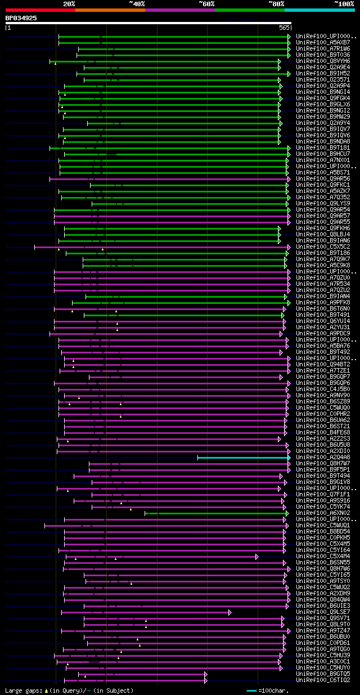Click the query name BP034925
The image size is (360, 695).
[21, 18]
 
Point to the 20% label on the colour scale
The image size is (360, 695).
[69, 3]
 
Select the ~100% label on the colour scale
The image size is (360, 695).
[344, 3]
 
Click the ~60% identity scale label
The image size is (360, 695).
[206, 3]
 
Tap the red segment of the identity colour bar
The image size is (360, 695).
[40, 10]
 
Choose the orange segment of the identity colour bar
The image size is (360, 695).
[110, 10]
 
